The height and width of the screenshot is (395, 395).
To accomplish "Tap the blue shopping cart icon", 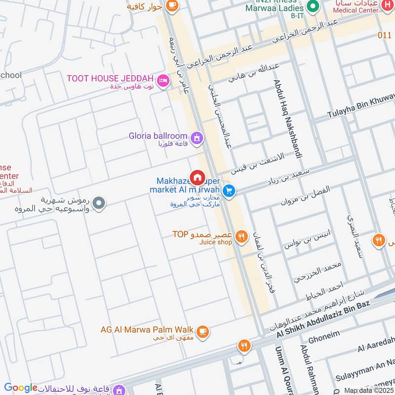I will click(229, 190).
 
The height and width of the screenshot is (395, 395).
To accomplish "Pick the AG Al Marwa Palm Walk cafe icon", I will click(202, 331).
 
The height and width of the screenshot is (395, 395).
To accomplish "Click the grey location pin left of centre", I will click(99, 203).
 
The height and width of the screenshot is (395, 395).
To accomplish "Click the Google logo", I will click(21, 388).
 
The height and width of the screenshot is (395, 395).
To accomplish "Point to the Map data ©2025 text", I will click(369, 391).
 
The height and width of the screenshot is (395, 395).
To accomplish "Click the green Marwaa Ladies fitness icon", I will click(312, 6).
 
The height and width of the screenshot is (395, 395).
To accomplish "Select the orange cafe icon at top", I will click(172, 5).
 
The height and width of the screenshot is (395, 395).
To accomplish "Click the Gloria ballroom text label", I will click(158, 136).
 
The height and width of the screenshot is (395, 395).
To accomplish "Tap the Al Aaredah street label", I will click(376, 346).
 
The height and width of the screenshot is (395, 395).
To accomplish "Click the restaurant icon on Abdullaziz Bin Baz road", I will click(244, 346).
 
